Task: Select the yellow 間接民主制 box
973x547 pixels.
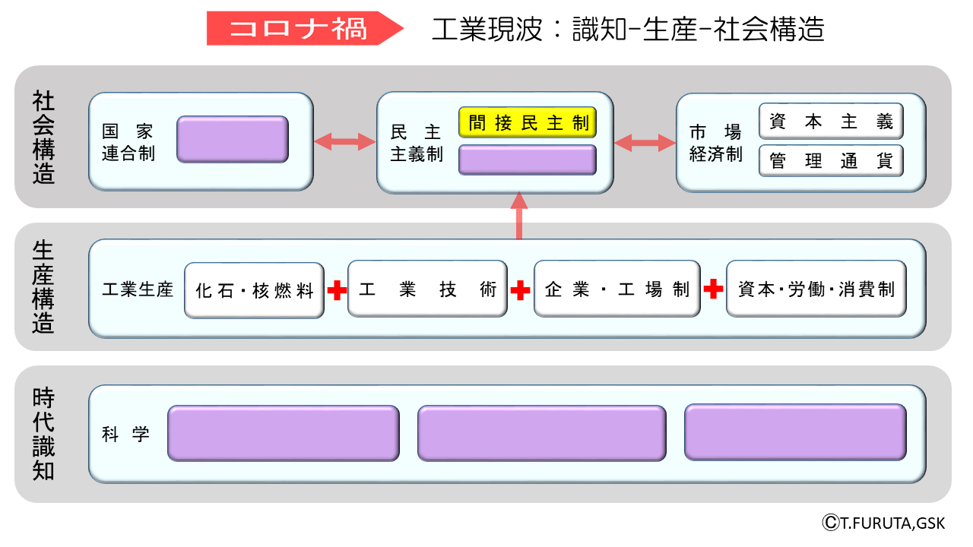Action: (x=528, y=123)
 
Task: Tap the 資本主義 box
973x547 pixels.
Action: (x=831, y=122)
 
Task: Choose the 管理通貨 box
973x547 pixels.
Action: (x=831, y=161)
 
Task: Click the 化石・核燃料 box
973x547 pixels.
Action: (x=255, y=290)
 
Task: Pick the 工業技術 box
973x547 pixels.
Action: (x=427, y=289)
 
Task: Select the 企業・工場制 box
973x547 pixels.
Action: (x=617, y=289)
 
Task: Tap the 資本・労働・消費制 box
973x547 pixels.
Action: (x=816, y=289)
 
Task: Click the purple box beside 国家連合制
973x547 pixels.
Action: (x=233, y=140)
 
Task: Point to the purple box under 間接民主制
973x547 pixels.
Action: (x=528, y=160)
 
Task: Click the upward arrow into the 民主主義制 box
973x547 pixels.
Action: (x=519, y=216)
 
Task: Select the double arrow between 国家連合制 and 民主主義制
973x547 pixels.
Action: (x=344, y=141)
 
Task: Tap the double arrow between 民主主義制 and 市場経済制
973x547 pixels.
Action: (x=645, y=142)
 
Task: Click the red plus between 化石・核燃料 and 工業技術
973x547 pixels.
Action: (x=337, y=289)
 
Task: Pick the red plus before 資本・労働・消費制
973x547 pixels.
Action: (x=713, y=289)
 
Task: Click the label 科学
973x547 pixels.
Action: (x=126, y=435)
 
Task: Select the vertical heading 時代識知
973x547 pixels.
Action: (x=43, y=435)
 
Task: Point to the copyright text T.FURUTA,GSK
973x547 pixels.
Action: (x=883, y=523)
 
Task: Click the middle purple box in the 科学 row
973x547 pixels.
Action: (x=541, y=433)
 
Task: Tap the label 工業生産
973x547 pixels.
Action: (x=138, y=289)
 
